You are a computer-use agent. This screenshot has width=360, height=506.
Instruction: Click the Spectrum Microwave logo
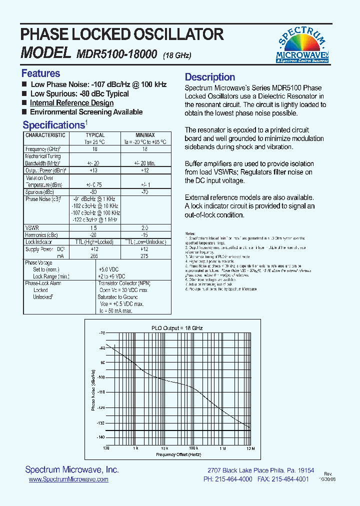[x=302, y=45]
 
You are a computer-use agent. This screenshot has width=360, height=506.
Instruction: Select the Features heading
[x=40, y=73]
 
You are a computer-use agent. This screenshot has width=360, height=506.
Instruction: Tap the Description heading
[x=210, y=77]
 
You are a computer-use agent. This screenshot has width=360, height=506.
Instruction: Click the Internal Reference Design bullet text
[x=71, y=103]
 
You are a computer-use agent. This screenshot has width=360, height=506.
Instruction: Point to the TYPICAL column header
[x=95, y=135]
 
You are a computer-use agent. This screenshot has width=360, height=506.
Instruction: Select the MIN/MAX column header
[x=145, y=135]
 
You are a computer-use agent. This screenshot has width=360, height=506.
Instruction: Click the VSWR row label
[x=32, y=227]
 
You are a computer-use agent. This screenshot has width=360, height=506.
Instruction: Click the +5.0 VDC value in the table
[x=111, y=269]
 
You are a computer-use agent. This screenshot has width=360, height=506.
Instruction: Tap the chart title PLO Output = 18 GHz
[x=177, y=328]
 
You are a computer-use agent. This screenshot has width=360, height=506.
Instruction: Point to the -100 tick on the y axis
[x=101, y=377]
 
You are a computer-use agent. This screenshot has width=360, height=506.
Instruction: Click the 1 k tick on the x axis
[x=135, y=448]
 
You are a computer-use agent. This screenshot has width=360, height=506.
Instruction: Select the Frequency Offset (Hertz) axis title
[x=178, y=454]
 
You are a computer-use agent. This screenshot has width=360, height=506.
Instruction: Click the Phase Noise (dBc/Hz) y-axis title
[x=92, y=390]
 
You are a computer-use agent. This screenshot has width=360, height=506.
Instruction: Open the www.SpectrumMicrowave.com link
[x=68, y=479]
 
